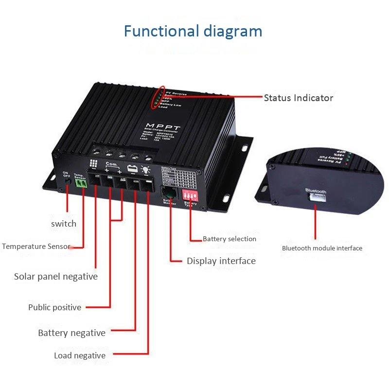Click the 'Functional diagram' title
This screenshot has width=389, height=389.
[x=193, y=31]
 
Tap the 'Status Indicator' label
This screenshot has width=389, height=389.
[x=298, y=98]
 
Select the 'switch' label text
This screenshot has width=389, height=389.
[x=64, y=224]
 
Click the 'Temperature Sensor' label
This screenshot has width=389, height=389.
[x=36, y=247]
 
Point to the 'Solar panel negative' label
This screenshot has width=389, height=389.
[x=56, y=276]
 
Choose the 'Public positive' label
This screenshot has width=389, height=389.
[x=54, y=307]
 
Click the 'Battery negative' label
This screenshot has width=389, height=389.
[x=71, y=333]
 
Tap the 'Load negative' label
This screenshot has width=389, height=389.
[x=79, y=355]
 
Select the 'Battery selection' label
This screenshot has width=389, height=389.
[x=229, y=239]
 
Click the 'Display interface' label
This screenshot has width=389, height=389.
[x=221, y=261]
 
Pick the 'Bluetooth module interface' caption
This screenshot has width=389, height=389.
[x=322, y=248]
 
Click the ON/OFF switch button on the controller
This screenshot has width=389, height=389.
[x=68, y=181]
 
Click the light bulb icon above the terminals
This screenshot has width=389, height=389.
[x=145, y=170]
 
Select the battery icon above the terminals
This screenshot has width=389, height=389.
[x=132, y=169]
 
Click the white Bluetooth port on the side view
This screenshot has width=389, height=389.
[x=316, y=198]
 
